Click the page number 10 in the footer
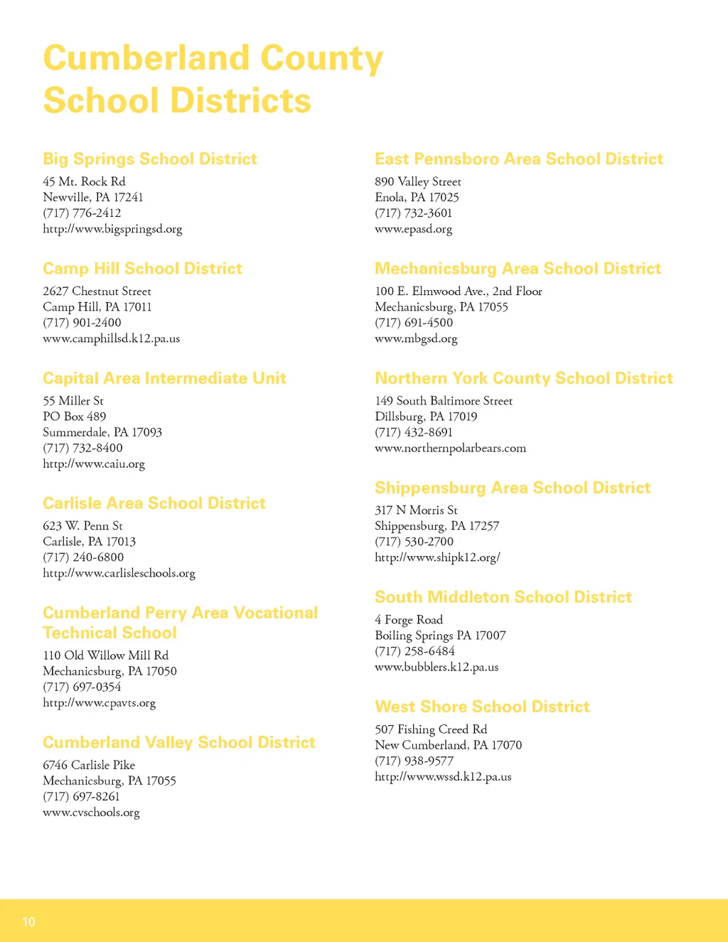tap(28, 922)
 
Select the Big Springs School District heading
tap(150, 159)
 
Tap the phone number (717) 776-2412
tap(82, 213)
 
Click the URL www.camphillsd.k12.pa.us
tap(112, 338)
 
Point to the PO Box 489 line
tap(75, 417)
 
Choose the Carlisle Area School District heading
tap(154, 503)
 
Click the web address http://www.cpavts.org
tap(99, 702)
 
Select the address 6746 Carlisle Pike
tap(89, 765)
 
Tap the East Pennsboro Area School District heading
tap(519, 159)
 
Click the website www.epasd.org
tap(414, 229)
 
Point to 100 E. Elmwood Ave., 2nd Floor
tap(459, 291)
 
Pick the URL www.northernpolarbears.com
tap(451, 448)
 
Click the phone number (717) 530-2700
tap(414, 542)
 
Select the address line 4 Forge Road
tap(409, 620)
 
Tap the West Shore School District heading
tap(483, 707)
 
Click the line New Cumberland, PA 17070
tap(449, 745)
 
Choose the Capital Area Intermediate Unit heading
tap(164, 378)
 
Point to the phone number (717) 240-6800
tap(83, 557)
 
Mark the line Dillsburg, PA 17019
tap(426, 417)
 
